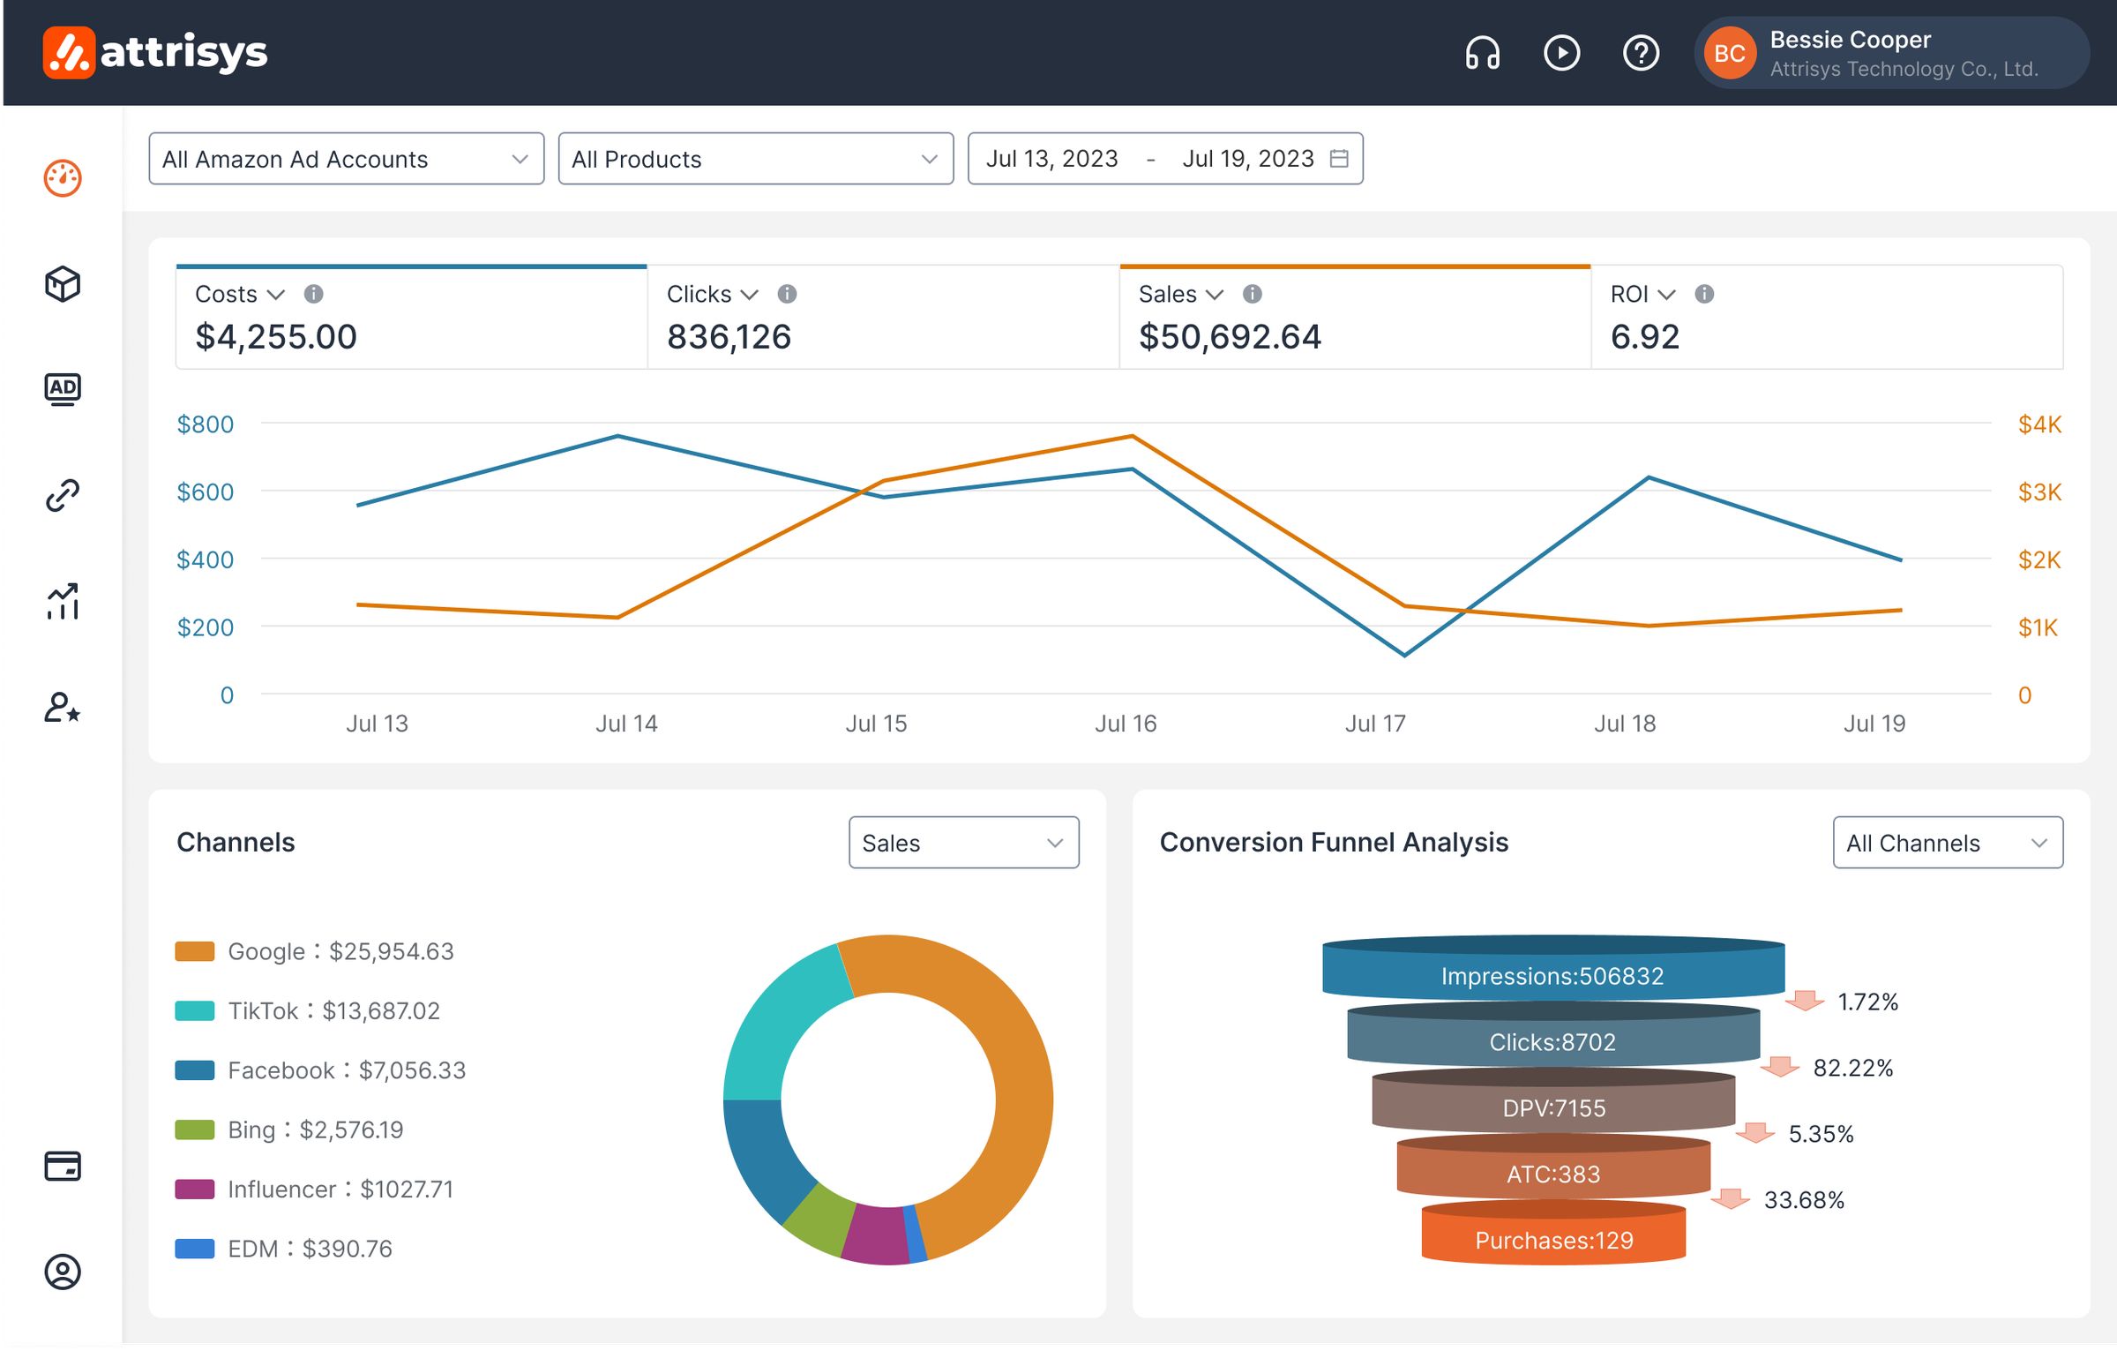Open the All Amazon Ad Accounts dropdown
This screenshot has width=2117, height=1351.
pyautogui.click(x=346, y=159)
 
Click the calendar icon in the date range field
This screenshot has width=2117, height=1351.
pyautogui.click(x=1338, y=159)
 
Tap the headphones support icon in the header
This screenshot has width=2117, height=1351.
pyautogui.click(x=1482, y=53)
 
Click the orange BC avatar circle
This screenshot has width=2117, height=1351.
pyautogui.click(x=1728, y=53)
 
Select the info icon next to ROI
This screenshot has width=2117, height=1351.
pyautogui.click(x=1703, y=294)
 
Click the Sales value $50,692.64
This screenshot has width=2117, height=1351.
pyautogui.click(x=1229, y=336)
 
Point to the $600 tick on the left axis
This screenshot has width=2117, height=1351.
pyautogui.click(x=205, y=492)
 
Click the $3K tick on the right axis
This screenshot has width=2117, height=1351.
pyautogui.click(x=2038, y=492)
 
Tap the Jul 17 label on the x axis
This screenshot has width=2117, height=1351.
pyautogui.click(x=1374, y=724)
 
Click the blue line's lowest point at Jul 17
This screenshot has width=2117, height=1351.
pyautogui.click(x=1404, y=655)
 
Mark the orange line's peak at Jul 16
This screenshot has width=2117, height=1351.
pyautogui.click(x=1132, y=436)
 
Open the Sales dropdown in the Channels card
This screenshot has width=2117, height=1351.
pyautogui.click(x=963, y=843)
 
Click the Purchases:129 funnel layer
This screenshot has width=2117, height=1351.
pyautogui.click(x=1552, y=1240)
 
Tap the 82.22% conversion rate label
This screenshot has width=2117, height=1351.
pyautogui.click(x=1852, y=1068)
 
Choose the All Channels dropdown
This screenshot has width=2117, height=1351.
pyautogui.click(x=1947, y=843)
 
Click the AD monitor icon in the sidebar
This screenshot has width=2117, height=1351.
pyautogui.click(x=62, y=388)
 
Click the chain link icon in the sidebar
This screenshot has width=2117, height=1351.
pyautogui.click(x=62, y=495)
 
